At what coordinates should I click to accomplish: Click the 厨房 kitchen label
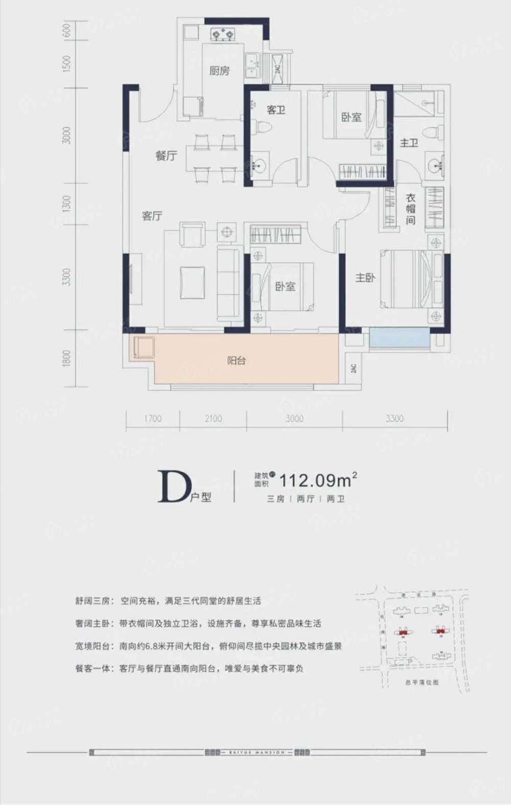coord(219,71)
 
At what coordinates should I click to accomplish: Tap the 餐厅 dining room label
coord(166,156)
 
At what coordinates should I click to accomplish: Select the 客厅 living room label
coord(152,216)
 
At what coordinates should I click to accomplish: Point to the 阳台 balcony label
coord(236,360)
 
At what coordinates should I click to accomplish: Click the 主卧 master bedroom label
coord(365,278)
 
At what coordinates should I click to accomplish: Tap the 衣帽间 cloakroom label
coord(410,209)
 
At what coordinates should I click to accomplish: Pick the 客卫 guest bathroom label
coord(276,110)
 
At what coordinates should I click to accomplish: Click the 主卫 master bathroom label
coord(409,143)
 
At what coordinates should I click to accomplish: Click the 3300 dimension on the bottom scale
coord(394,419)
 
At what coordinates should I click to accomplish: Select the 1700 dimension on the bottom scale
coord(152,419)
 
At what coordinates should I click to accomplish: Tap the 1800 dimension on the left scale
coord(66,358)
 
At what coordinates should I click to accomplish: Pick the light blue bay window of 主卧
coord(400,338)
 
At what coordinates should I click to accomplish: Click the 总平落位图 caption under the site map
coord(422,682)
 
